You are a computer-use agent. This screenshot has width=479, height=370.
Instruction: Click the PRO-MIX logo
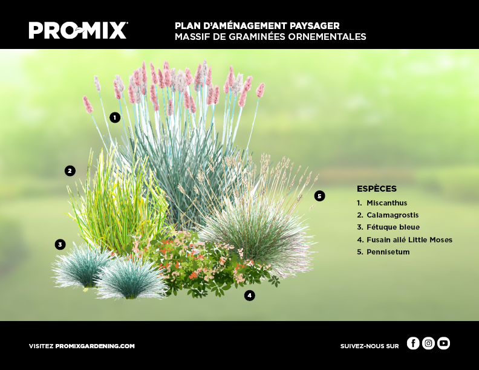coord(78,30)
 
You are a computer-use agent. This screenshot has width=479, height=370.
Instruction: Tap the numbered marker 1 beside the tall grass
coord(115,117)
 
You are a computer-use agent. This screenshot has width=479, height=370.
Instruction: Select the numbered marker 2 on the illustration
coord(70,170)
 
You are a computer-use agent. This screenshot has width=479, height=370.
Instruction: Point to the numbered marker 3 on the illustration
coord(60,244)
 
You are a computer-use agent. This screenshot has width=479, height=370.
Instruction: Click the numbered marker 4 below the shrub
coord(250,295)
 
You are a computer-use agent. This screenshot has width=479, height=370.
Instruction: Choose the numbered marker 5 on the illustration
coord(319,196)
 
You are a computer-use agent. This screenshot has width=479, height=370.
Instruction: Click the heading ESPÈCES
coord(377,189)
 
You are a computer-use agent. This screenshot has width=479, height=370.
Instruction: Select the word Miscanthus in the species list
coord(386,203)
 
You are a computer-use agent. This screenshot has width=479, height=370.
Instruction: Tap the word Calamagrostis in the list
coord(393,215)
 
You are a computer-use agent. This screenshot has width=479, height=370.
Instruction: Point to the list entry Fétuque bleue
coord(393,227)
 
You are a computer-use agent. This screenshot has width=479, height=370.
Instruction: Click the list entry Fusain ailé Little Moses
coord(409,239)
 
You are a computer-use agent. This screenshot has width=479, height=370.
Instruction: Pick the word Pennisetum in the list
coord(388,252)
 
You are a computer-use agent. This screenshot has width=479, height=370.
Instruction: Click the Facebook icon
coord(413,343)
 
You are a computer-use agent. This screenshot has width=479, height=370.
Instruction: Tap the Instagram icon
coord(428,343)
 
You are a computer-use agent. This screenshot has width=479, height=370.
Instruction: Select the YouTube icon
coord(443,343)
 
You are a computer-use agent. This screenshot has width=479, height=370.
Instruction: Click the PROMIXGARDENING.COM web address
coord(95,346)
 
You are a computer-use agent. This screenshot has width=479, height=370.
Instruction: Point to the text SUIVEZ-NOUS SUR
coord(370,346)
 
